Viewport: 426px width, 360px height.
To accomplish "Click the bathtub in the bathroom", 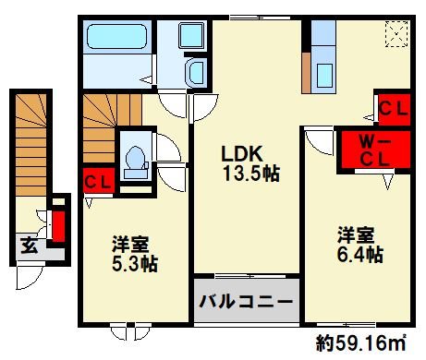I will coord(116,41).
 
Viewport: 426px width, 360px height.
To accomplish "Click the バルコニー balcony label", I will coord(246,302).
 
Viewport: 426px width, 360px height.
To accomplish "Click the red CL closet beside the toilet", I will coord(98,181).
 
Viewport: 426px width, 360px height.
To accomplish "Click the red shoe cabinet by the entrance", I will coord(58,224).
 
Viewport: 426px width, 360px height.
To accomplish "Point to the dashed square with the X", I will coord(396,36).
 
